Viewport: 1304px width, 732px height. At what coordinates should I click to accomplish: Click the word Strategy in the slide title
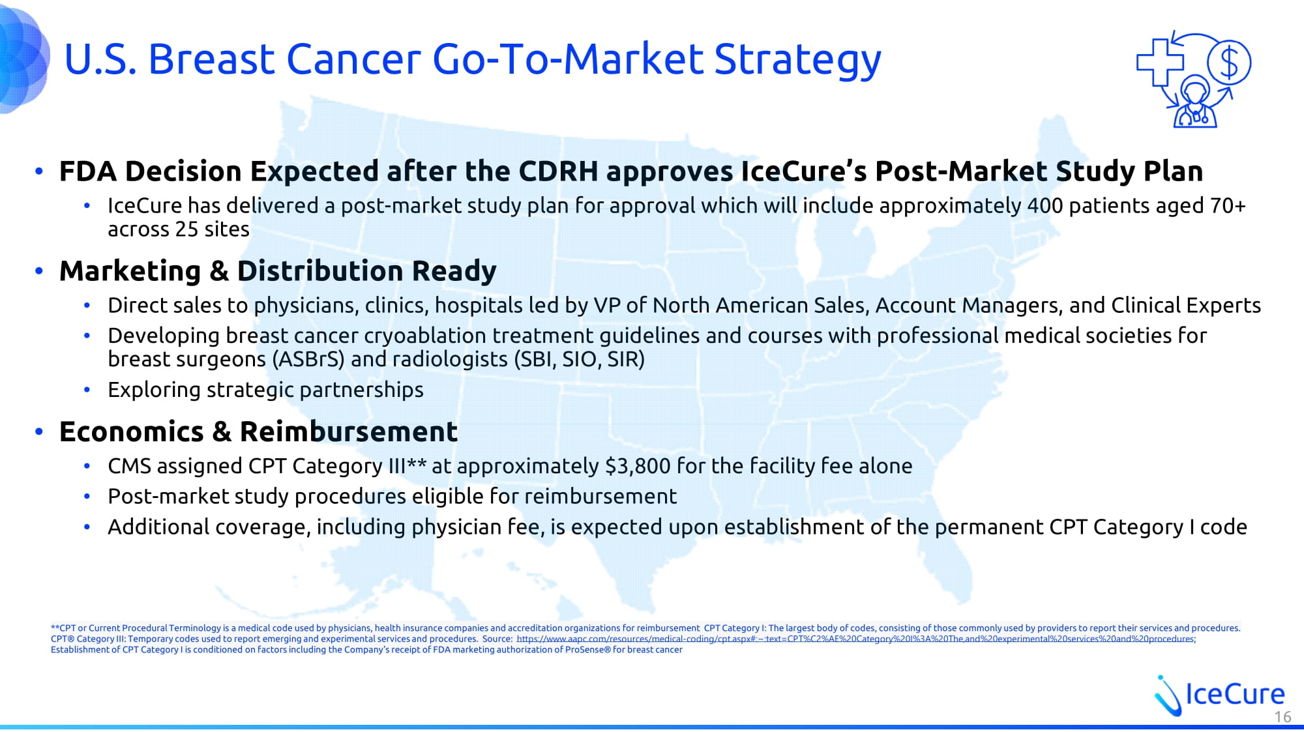pos(797,60)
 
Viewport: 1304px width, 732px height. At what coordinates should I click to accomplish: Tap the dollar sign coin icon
pos(1229,63)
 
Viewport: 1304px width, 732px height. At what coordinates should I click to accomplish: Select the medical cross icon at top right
pos(1161,62)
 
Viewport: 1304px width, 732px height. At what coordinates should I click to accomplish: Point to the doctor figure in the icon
pos(1195,102)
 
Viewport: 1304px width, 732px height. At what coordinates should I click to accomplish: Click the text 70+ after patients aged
pos(1228,206)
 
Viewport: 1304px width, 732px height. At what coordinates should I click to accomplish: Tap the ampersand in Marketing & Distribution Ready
pos(218,271)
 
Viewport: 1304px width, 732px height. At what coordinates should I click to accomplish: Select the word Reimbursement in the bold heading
pos(349,432)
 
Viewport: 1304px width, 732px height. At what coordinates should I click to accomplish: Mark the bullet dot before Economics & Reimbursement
pos(39,432)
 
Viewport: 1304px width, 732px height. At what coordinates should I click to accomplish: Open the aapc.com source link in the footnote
pos(855,639)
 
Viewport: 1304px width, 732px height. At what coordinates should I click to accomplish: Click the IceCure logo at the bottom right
pos(1219,695)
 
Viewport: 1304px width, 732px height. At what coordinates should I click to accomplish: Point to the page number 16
pos(1282,717)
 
